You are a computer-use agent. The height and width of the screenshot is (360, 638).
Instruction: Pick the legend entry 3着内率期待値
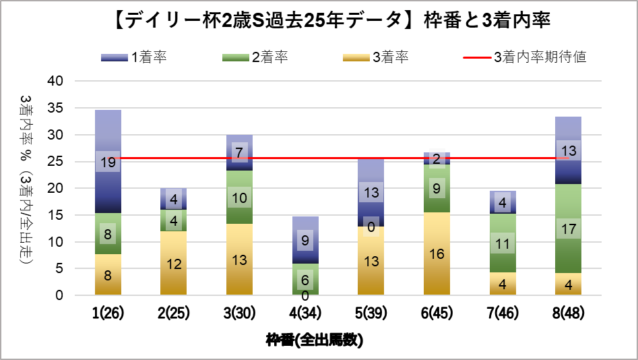[x=525, y=57]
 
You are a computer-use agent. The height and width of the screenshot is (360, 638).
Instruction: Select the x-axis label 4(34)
[x=305, y=313]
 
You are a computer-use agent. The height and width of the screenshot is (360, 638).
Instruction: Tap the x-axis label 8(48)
[x=568, y=313]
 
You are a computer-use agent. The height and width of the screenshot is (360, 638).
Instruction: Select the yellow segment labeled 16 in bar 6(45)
[x=437, y=253]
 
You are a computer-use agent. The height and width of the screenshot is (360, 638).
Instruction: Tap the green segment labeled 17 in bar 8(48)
[x=568, y=229]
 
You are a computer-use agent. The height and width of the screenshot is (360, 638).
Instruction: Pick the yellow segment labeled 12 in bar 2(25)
[x=173, y=264]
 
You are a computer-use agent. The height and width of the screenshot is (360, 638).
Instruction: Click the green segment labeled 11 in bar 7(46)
[x=502, y=243]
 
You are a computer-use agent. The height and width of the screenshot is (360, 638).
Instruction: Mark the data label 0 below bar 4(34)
[x=305, y=296]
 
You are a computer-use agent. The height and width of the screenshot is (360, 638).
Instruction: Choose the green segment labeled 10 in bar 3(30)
[x=239, y=198]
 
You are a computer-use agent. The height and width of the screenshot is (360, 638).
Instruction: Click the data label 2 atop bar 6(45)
[x=437, y=159]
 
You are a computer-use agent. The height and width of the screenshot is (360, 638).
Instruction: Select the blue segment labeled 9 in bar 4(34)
[x=305, y=239]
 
